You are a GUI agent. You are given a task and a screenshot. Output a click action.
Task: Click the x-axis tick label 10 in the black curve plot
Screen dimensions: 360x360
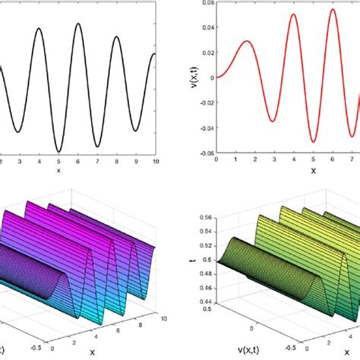click(x=154, y=162)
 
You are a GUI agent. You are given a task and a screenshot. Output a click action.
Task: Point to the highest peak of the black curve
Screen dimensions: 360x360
click(x=78, y=24)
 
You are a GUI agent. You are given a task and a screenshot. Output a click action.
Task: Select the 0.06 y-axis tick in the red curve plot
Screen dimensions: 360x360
click(x=205, y=4)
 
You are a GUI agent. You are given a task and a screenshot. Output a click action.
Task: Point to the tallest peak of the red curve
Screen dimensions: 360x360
click(x=333, y=10)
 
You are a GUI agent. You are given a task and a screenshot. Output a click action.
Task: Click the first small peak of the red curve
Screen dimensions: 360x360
click(x=247, y=41)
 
